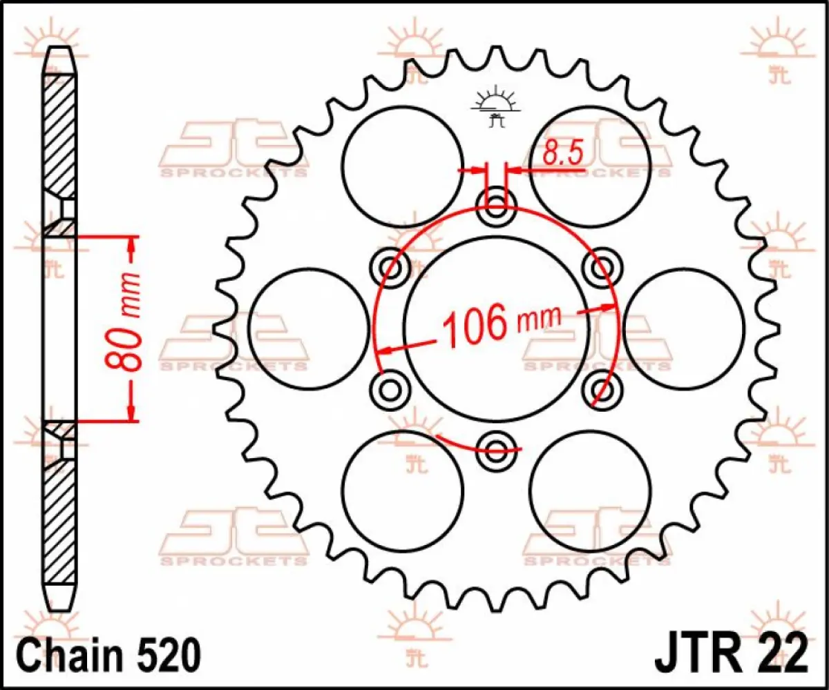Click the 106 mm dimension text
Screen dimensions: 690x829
[x=499, y=324]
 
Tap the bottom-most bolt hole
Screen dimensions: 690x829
[x=496, y=452]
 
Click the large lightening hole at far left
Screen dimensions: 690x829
[x=308, y=328]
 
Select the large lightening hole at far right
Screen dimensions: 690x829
[x=684, y=328]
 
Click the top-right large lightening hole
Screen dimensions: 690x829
[x=591, y=166]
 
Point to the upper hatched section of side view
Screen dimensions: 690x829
[x=60, y=135]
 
